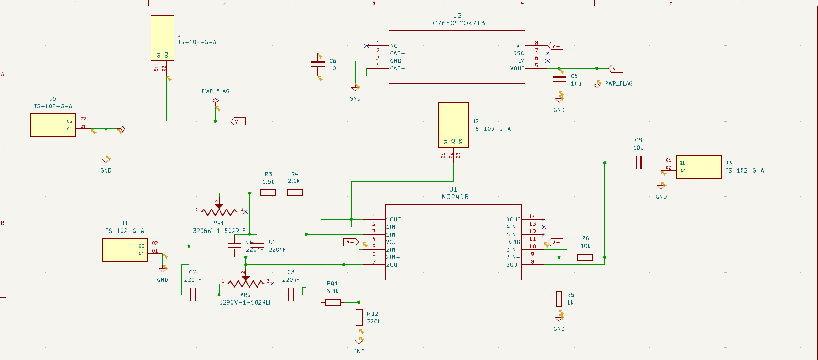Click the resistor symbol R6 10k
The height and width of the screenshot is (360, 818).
tap(585, 257)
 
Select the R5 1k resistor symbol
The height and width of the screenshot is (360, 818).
tap(559, 298)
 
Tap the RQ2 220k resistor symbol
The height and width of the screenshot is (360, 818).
tap(359, 317)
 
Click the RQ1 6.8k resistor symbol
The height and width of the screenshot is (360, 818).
tap(333, 302)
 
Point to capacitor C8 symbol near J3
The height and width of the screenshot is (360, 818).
tap(638, 163)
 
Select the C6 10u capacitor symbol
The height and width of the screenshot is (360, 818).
tap(318, 65)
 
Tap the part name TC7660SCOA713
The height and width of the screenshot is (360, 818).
tap(457, 23)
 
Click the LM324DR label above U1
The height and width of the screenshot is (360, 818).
tap(453, 197)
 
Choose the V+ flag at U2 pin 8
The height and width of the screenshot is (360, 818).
tap(556, 46)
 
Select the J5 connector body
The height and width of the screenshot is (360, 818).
tap(53, 125)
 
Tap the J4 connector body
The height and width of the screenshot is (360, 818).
tap(162, 38)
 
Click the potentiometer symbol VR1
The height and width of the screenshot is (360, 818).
tap(219, 211)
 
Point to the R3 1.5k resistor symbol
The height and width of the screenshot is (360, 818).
tap(268, 193)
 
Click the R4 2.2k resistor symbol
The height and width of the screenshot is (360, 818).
tap(294, 193)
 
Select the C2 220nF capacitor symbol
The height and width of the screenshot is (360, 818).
tap(193, 295)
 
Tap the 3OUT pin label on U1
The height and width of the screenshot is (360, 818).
tap(513, 265)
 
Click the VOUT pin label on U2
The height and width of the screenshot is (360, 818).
tap(517, 68)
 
